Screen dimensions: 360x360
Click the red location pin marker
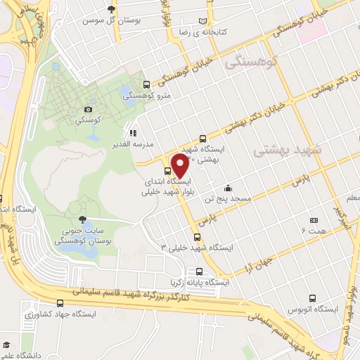180,167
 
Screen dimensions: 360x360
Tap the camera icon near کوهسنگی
88,109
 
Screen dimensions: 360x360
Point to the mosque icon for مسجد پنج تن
228,188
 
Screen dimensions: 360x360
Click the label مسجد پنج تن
228,200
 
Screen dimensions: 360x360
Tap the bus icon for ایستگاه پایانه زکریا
200,271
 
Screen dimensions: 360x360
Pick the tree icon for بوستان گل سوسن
111,9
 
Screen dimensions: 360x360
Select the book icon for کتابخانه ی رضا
204,22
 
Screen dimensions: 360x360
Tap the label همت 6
314,231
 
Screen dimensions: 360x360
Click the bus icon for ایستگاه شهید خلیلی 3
197,236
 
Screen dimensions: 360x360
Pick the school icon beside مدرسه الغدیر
131,132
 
